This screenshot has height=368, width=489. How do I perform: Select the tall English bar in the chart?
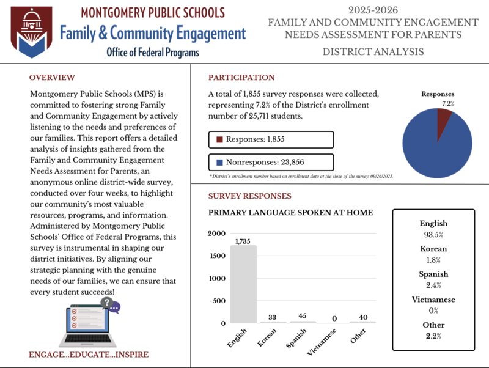point(243,284)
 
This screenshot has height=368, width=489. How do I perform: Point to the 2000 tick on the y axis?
point(217,234)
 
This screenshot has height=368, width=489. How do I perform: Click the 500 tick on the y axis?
point(219,301)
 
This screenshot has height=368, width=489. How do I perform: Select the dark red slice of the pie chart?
point(444,119)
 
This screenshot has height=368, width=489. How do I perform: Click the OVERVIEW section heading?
point(52,78)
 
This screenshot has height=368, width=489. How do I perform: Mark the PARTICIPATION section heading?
point(241,78)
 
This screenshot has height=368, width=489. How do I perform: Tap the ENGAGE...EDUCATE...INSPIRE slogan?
point(89,355)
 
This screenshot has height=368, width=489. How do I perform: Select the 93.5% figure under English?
point(433,235)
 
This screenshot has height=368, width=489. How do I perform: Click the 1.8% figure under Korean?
point(433,260)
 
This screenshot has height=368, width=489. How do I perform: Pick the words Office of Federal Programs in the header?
point(153,53)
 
